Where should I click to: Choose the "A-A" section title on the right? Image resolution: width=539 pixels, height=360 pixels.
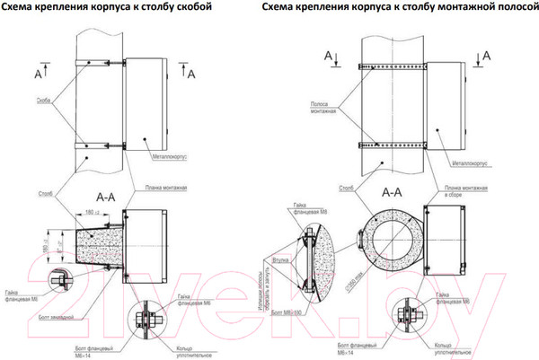pyautogui.click(x=392, y=191)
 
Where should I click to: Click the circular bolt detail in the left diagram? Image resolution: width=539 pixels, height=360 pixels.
pyautogui.click(x=144, y=318)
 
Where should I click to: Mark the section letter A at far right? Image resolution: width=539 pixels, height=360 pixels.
pyautogui.click(x=486, y=56)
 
